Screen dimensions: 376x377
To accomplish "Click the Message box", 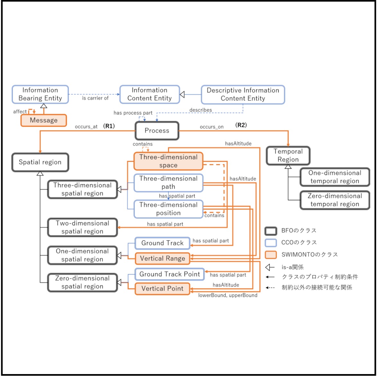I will (x=44, y=120).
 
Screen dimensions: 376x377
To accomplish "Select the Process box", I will (x=157, y=131).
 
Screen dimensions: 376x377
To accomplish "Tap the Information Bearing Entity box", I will (x=40, y=94).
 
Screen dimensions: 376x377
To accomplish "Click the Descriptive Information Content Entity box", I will (x=243, y=95).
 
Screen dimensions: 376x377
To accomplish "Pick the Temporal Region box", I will (x=288, y=156).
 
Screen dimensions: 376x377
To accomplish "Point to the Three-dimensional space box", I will (x=168, y=161).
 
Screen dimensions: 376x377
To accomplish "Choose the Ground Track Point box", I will (x=169, y=274).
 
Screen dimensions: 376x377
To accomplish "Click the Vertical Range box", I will (x=162, y=258).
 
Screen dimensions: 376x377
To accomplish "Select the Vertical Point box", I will (x=162, y=288).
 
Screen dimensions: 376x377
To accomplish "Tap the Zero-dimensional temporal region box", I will (x=335, y=200).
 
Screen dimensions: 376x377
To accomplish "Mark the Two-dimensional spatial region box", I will (x=82, y=227).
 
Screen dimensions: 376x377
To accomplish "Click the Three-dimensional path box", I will (x=168, y=183).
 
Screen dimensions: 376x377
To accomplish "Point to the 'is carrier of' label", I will (x=95, y=98).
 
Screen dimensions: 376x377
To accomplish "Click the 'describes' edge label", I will (x=201, y=110).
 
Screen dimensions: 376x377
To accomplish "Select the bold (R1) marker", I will (x=109, y=126).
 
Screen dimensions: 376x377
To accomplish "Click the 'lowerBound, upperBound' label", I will (x=228, y=295).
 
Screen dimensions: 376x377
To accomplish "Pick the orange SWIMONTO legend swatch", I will (x=271, y=255).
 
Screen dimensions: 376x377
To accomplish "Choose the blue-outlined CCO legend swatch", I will (x=271, y=243).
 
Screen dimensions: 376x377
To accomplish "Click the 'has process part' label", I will (x=133, y=113).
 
